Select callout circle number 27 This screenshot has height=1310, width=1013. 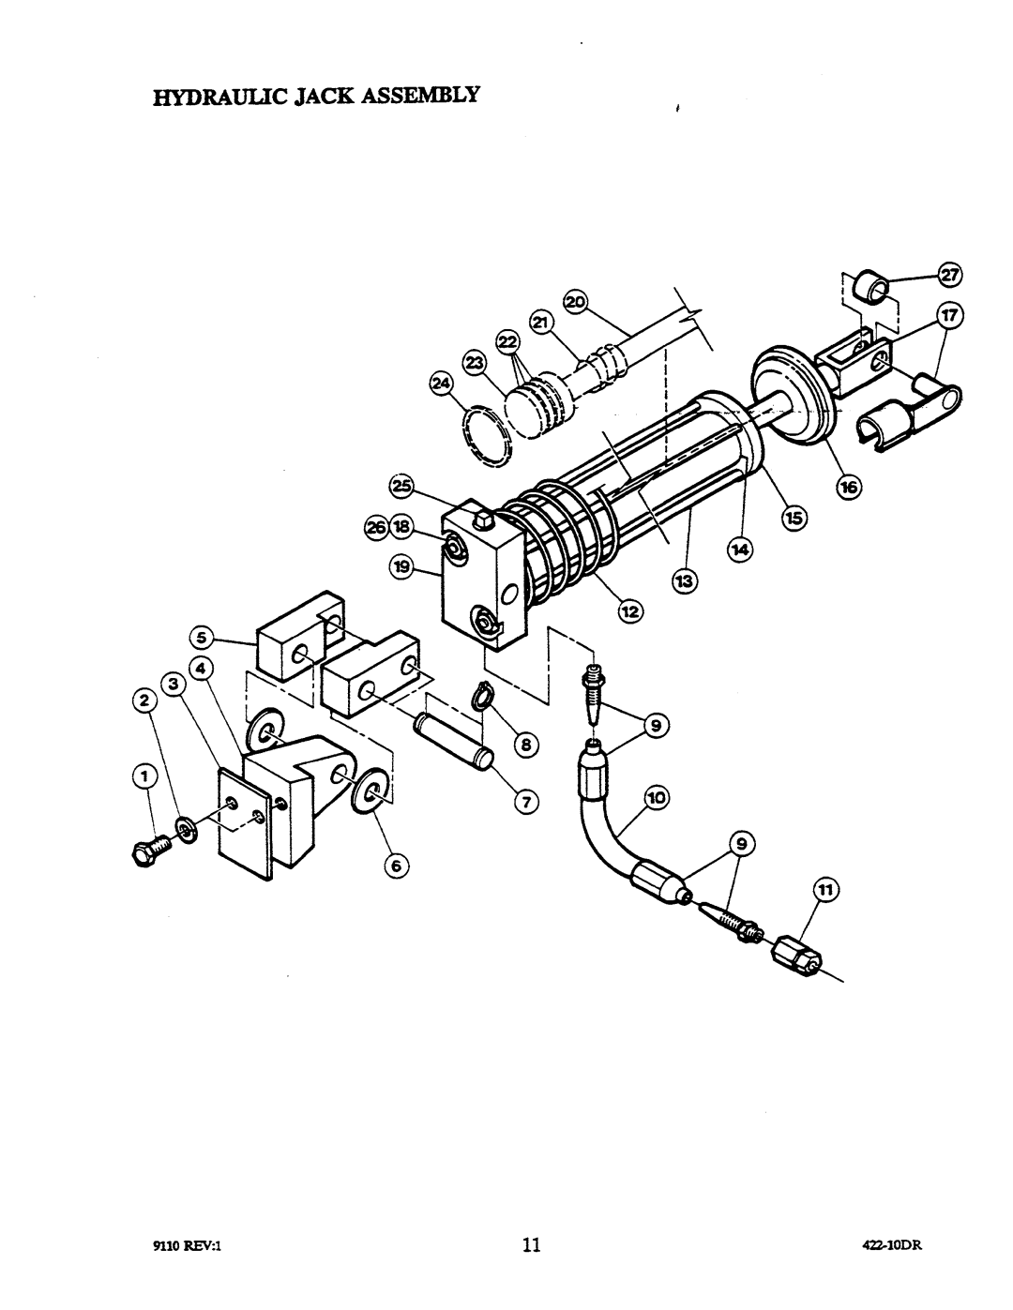coord(949,276)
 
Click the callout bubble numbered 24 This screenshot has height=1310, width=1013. coord(442,384)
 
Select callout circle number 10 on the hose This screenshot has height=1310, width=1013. coord(656,798)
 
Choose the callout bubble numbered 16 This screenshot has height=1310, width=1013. coord(849,486)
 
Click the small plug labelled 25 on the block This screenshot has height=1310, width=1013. coord(483,519)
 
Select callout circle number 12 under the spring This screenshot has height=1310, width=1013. coord(630,612)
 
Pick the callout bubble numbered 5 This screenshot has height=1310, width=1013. coord(202,637)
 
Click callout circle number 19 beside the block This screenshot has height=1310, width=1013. coord(401,567)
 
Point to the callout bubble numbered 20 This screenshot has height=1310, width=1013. coord(576,301)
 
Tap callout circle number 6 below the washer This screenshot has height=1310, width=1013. coord(396,866)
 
